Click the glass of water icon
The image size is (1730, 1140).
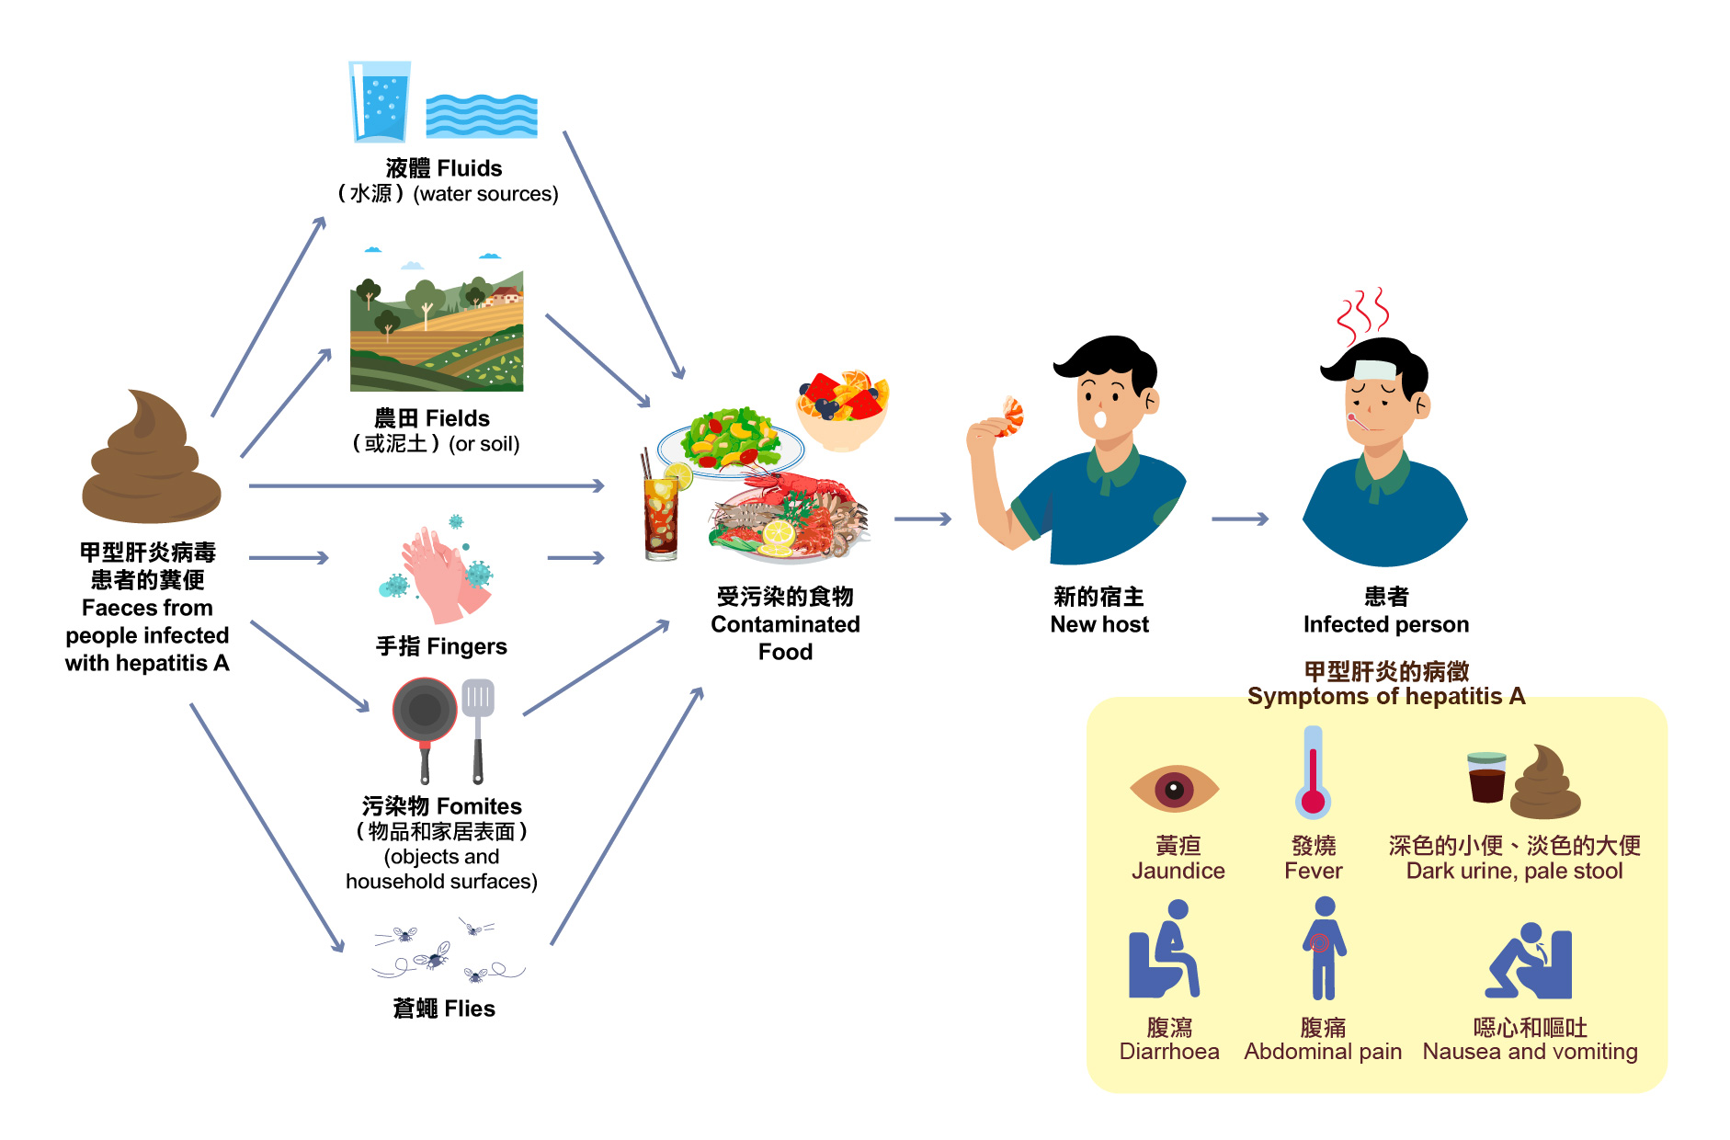379,101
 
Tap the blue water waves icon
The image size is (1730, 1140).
482,116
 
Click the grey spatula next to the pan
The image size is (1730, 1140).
478,726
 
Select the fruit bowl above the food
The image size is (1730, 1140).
842,409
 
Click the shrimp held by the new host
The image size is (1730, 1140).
1012,416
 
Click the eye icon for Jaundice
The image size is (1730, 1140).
1175,788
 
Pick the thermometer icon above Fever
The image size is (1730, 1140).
1314,772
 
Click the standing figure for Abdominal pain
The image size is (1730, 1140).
1324,948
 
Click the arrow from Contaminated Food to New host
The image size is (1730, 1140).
922,519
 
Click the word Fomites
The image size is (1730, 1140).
478,806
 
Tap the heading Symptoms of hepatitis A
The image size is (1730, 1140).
1385,696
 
